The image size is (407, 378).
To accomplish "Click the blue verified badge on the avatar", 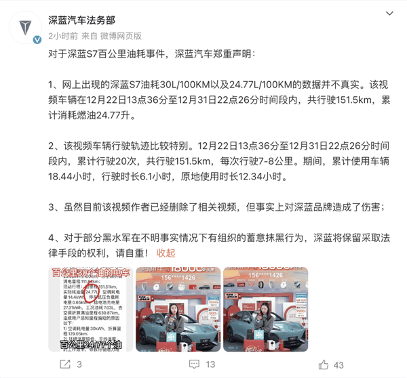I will pos(39,41).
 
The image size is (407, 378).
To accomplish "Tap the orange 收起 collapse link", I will pos(166,253).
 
